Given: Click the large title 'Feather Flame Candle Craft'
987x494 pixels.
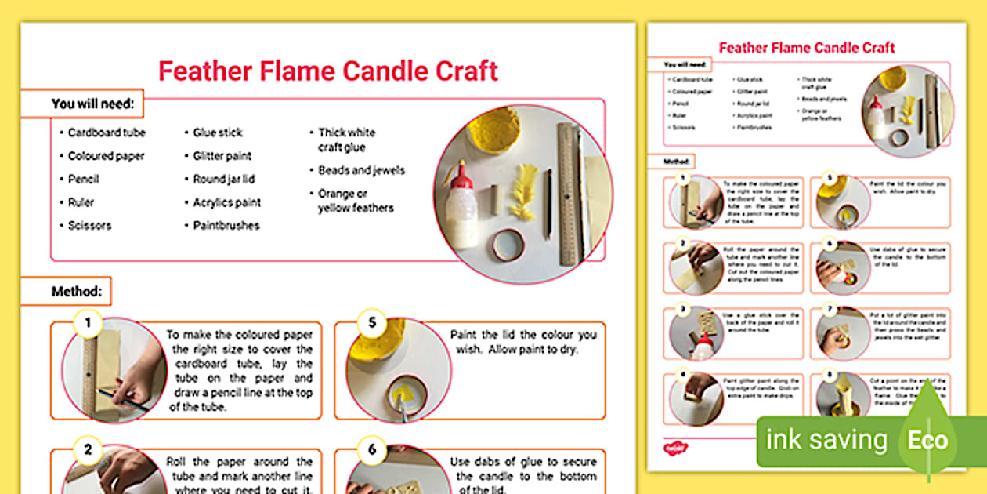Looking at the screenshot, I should tap(327, 71).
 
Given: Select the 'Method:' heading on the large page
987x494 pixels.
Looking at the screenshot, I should tap(77, 292).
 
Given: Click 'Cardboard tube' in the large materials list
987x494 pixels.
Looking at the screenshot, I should tap(107, 133).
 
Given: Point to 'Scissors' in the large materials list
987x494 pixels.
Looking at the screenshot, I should tap(89, 225).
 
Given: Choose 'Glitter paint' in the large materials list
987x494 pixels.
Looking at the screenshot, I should tap(222, 156).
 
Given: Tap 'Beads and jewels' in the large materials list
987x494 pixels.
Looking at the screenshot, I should tap(361, 170).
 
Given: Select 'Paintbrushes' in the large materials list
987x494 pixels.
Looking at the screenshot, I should tap(226, 225).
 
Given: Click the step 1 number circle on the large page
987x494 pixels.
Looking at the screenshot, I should tap(88, 322).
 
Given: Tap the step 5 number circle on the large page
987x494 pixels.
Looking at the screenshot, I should tap(371, 322).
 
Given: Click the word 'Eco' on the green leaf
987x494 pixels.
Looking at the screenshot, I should tap(927, 439).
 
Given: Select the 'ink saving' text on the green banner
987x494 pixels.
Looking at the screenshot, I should tap(826, 440).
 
